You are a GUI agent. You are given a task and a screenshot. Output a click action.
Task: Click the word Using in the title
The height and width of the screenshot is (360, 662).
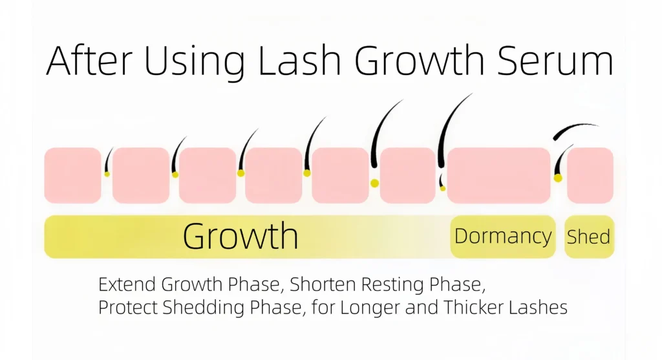(x=195, y=63)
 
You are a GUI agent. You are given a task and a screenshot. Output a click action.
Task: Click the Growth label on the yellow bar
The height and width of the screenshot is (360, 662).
(x=240, y=235)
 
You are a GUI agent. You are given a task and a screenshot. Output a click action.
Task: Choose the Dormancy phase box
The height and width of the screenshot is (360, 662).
(x=503, y=237)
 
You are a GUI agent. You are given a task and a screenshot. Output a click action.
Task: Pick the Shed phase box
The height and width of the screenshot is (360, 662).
(x=589, y=237)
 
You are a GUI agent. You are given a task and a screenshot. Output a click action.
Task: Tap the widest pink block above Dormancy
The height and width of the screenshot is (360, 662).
(x=498, y=175)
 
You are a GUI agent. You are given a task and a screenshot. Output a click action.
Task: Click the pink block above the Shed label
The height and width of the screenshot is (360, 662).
(x=590, y=175)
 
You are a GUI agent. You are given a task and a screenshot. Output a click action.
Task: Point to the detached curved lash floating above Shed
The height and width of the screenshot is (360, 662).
(x=575, y=127)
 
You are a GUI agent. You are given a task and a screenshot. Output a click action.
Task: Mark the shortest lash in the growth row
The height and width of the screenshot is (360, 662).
(x=109, y=160)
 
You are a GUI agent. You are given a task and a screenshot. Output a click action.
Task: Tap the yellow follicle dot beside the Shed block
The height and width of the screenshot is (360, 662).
(x=558, y=178)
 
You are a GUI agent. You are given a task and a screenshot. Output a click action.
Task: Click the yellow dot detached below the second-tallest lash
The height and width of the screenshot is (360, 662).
(x=374, y=183)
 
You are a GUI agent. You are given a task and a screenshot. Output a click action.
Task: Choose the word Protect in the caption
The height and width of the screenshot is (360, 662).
(x=129, y=307)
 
